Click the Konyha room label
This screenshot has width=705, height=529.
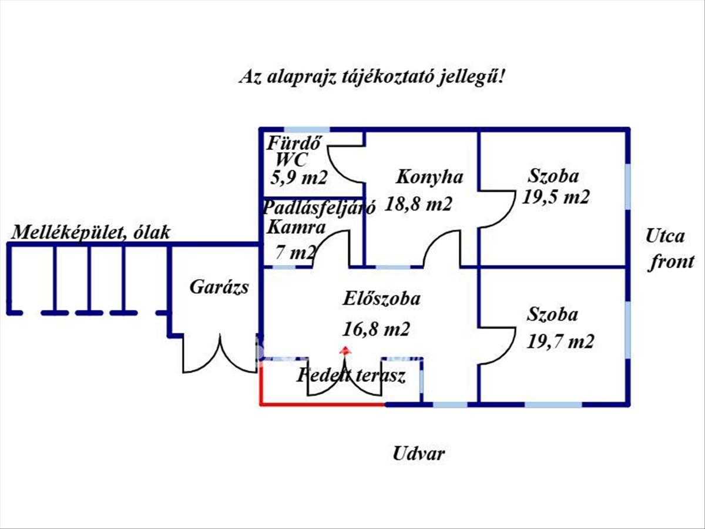(429, 176)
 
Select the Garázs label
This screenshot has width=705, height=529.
(219, 287)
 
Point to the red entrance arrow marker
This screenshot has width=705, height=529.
(345, 350)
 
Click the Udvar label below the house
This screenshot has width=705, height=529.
(418, 454)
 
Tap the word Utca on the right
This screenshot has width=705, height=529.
(665, 237)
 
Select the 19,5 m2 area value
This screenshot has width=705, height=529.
(555, 197)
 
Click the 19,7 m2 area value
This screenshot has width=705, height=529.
(559, 341)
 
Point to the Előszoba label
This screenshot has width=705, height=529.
(381, 299)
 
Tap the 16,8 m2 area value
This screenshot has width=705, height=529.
(376, 329)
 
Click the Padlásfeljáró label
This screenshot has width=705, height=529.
(311, 207)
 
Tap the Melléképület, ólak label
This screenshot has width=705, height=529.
(91, 232)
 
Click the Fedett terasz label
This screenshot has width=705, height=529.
(351, 376)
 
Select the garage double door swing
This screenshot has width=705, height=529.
(220, 356)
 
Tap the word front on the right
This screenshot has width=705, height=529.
(671, 262)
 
